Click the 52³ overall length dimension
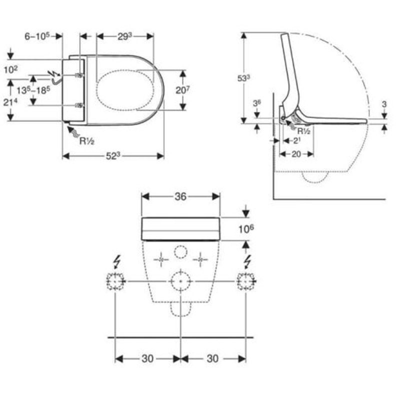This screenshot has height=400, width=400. (113, 156)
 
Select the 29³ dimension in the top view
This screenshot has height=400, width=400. (124, 36)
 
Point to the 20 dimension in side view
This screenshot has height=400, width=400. (296, 154)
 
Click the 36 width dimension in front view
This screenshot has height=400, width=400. (180, 196)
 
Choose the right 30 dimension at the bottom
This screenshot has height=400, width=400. (213, 358)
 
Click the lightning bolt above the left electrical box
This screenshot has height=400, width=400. (116, 261)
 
